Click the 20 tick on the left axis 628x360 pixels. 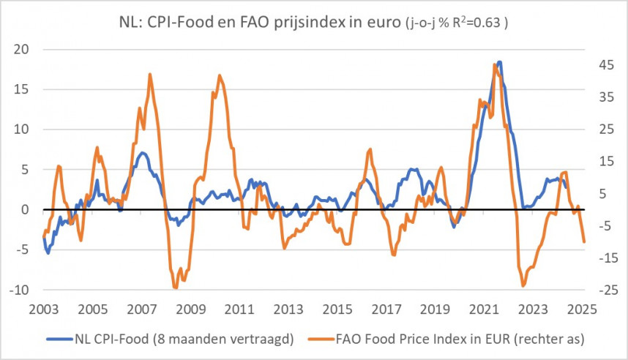tap(21, 50)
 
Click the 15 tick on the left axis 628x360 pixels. tap(21, 90)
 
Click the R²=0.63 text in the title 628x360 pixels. tap(476, 23)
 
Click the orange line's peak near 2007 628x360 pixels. tap(150, 75)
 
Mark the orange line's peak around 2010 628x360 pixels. tap(220, 75)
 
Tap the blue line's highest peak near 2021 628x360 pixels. tap(499, 62)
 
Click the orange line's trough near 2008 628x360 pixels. tap(176, 287)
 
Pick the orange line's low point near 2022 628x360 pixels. tap(523, 285)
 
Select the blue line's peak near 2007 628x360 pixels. tap(143, 153)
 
